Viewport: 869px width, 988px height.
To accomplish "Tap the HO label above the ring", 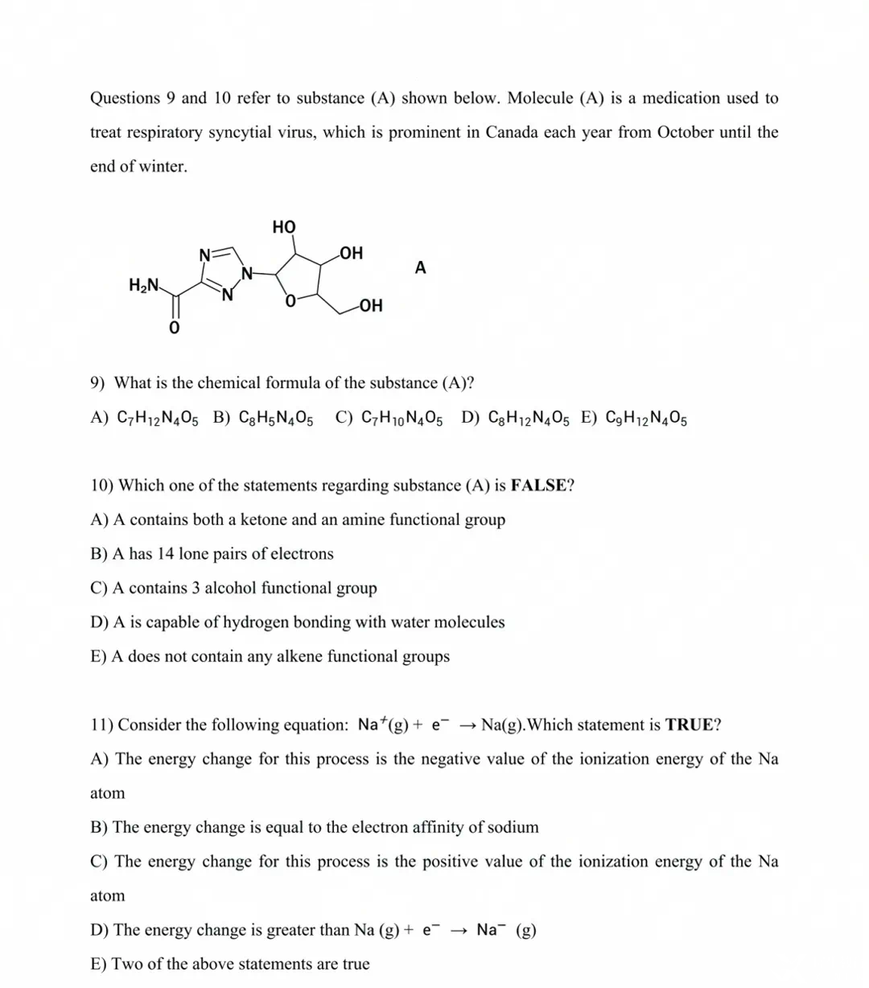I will pyautogui.click(x=284, y=227).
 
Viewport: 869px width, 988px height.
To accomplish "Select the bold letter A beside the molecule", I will pyautogui.click(x=421, y=267).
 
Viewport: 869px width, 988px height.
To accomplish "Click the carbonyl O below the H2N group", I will pyautogui.click(x=173, y=329).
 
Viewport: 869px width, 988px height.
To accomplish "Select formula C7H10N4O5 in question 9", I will pyautogui.click(x=401, y=418).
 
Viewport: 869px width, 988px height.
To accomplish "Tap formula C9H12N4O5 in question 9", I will pyautogui.click(x=645, y=418).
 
